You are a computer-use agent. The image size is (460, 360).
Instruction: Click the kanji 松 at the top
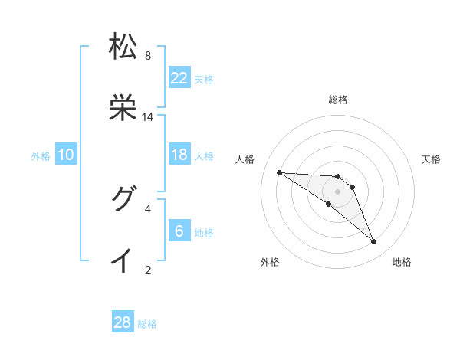click(x=123, y=46)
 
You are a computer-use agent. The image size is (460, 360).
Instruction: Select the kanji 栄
click(x=123, y=109)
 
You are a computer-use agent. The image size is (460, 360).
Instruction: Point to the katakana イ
click(x=123, y=261)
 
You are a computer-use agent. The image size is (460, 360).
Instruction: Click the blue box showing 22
click(x=179, y=77)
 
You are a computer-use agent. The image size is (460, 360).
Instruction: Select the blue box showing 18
click(x=179, y=155)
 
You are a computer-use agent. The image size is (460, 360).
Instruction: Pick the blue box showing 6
click(x=179, y=231)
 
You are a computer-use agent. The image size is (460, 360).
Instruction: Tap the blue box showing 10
click(x=66, y=155)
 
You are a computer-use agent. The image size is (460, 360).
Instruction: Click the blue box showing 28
click(x=123, y=322)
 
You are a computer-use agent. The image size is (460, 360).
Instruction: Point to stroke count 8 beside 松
click(x=148, y=56)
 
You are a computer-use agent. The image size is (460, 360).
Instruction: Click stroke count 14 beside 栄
click(x=148, y=117)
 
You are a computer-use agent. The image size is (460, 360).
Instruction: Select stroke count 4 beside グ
click(x=148, y=208)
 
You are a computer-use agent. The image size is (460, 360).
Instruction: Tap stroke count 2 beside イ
click(x=148, y=270)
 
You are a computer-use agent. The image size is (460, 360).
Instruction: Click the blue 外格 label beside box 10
click(x=41, y=155)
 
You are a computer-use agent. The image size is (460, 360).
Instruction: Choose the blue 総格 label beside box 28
click(x=147, y=324)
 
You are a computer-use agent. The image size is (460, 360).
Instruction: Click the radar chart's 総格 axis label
click(x=338, y=100)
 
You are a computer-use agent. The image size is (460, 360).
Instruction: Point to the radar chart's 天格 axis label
click(x=431, y=159)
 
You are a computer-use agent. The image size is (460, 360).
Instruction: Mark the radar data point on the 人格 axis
click(x=279, y=172)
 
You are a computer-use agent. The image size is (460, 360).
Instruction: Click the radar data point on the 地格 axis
click(x=373, y=242)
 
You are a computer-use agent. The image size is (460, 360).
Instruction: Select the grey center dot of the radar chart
click(x=337, y=191)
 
